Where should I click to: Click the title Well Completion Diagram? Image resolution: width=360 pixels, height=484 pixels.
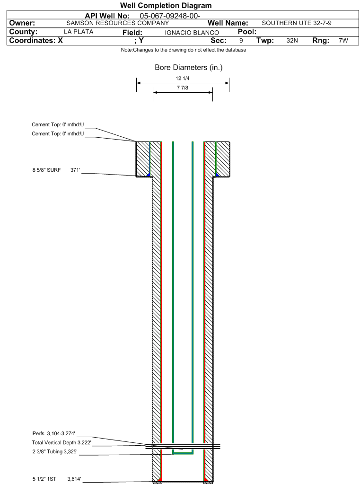[x=166, y=6]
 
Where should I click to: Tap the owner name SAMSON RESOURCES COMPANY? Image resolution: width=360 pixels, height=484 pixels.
[x=118, y=23]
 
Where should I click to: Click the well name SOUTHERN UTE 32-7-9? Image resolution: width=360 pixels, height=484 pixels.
[x=297, y=23]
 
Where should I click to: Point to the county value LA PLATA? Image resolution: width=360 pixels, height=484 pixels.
[x=79, y=32]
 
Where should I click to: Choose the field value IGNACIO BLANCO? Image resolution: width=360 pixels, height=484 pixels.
[x=192, y=33]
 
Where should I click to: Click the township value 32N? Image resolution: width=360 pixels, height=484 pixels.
[x=292, y=40]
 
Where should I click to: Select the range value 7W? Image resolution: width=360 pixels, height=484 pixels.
[x=343, y=40]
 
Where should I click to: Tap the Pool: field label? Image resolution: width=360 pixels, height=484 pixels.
[x=247, y=32]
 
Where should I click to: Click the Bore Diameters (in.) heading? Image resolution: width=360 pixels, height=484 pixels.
[x=189, y=67]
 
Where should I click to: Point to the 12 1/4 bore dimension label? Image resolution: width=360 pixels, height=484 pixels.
[x=183, y=79]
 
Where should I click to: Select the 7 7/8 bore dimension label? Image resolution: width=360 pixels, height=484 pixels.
[x=183, y=88]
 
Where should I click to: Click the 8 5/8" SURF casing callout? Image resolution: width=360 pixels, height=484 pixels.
[x=56, y=170]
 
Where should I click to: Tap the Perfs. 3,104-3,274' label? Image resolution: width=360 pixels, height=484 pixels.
[x=54, y=433]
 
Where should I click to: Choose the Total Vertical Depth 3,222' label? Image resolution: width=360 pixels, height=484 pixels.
[x=61, y=443]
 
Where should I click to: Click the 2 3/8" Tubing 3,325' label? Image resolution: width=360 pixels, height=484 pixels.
[x=55, y=451]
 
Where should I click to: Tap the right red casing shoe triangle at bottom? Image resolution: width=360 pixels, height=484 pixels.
[x=206, y=480]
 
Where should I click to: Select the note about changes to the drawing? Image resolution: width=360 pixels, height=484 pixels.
[x=184, y=50]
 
